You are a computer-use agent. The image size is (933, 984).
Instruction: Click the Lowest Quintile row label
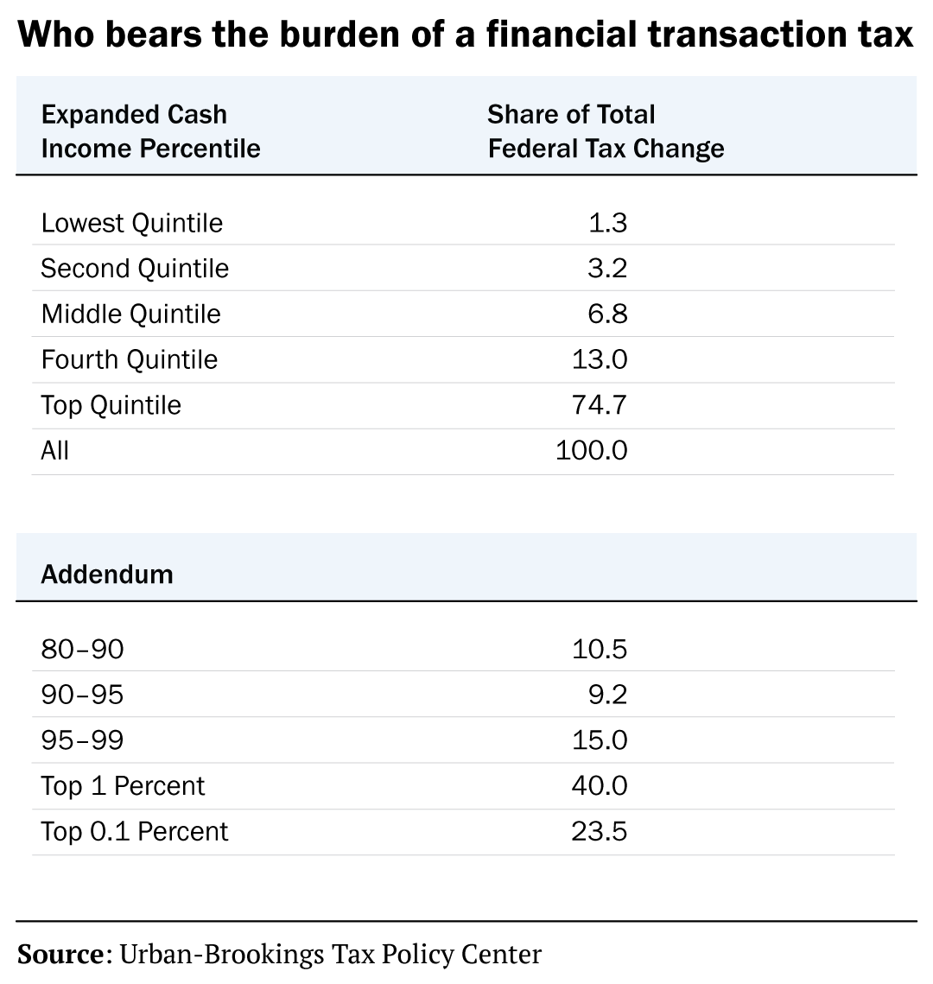tap(131, 223)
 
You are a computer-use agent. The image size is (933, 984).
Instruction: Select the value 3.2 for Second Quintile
tap(607, 269)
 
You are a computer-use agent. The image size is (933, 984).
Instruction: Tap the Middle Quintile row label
tap(130, 314)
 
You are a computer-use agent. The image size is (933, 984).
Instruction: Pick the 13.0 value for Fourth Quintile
tap(600, 360)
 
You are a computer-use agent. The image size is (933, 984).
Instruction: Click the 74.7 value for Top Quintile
tap(600, 406)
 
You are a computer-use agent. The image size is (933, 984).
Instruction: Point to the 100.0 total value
tap(592, 451)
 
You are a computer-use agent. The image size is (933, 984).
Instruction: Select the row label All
tap(54, 451)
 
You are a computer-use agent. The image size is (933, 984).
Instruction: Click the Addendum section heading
tap(106, 575)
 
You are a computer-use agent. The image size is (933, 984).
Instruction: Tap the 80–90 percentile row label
tap(82, 650)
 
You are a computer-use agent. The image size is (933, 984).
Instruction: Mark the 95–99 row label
tap(82, 741)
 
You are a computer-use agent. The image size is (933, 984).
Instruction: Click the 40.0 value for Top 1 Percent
tap(600, 787)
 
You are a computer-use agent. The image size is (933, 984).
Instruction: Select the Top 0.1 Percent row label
tap(134, 833)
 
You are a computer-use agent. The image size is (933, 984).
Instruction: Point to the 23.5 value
tap(600, 833)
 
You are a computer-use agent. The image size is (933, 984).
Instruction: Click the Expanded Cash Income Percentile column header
tap(150, 131)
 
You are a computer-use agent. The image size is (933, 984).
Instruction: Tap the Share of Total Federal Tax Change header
tap(606, 131)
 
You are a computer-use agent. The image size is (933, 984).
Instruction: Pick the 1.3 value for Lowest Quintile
tap(607, 223)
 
